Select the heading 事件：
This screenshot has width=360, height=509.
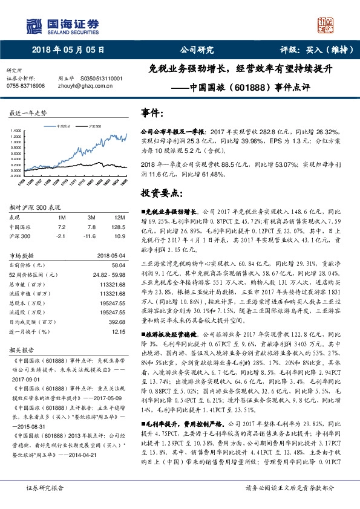coord(152,113)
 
